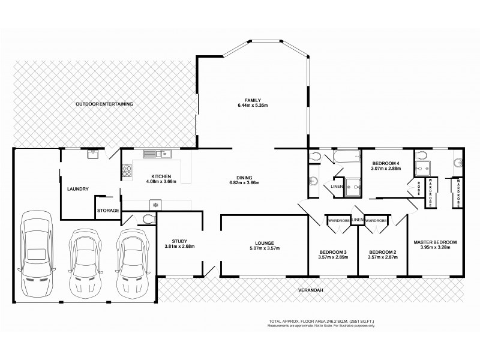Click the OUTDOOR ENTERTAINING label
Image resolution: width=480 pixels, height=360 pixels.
[104, 104]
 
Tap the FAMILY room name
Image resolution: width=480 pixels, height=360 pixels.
[252, 100]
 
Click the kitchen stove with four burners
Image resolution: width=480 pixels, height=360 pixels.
[128, 172]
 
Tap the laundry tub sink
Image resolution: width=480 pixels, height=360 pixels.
[93, 154]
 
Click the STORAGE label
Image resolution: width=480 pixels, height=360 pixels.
[109, 211]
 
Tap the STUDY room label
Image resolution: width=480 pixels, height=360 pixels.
[179, 241]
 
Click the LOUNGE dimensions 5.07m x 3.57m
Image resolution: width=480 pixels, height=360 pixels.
[265, 248]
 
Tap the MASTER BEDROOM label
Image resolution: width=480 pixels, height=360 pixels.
[435, 242]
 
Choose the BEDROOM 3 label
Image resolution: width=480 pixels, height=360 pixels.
[333, 251]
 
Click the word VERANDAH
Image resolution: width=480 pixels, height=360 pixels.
[310, 290]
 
